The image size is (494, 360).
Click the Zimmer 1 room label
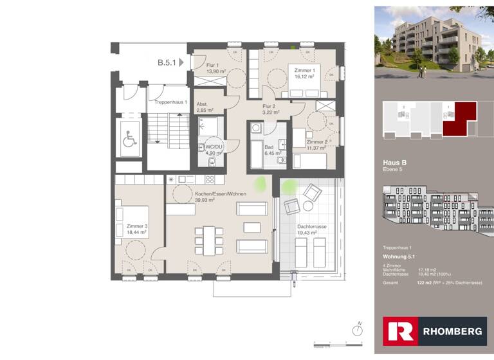tap(304, 70)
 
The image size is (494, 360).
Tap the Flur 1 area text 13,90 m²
tap(216, 71)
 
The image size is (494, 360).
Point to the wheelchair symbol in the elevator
tap(129, 137)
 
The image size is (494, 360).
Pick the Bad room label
tap(269, 147)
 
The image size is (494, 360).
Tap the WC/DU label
tap(214, 146)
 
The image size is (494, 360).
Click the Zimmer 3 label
tap(137, 226)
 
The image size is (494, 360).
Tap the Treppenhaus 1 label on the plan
tap(170, 102)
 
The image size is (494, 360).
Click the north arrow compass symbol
tap(358, 330)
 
